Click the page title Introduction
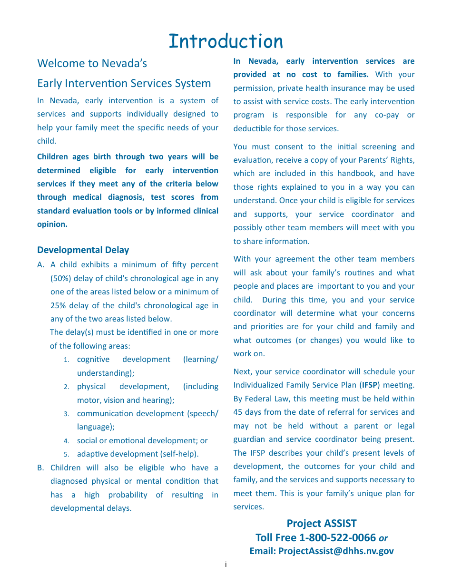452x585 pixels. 226,41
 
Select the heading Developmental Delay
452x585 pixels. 83,250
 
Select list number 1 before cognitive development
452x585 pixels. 67,360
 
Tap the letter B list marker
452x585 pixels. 40,468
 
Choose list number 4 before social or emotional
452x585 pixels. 67,441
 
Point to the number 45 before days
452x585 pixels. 238,412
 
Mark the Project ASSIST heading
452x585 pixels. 321,523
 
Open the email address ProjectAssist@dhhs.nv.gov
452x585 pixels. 336,551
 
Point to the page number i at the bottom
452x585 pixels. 226,565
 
